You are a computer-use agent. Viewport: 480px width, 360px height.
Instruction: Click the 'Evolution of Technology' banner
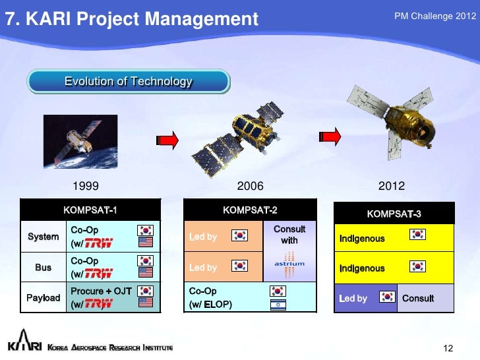[x=129, y=82]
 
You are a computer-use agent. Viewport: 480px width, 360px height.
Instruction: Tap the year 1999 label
[x=86, y=186]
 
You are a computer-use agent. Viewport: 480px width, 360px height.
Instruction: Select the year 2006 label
[x=250, y=186]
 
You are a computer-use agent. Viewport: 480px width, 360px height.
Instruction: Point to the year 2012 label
[x=392, y=186]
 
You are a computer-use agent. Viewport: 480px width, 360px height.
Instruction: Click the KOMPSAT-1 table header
[x=90, y=210]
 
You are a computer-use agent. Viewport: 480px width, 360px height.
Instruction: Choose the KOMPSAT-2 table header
[x=250, y=210]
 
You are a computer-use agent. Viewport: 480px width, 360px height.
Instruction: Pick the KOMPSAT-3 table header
[x=394, y=214]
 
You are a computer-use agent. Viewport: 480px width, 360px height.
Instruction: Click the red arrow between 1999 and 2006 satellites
[x=167, y=140]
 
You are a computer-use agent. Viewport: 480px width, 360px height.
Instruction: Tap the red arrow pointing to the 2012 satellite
[x=330, y=136]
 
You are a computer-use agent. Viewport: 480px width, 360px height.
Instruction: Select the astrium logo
[x=289, y=264]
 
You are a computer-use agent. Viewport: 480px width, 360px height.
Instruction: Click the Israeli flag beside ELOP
[x=278, y=305]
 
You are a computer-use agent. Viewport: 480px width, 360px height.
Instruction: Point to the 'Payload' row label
[x=43, y=297]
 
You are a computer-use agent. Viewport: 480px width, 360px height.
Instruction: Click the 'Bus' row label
[x=43, y=267]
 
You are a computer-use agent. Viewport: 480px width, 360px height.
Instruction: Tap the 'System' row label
[x=43, y=236]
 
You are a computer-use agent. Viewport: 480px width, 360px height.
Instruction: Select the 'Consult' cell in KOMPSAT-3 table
[x=418, y=298]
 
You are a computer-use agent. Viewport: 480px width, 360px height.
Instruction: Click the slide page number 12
[x=448, y=348]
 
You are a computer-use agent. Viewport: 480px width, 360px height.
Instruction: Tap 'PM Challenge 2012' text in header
[x=435, y=16]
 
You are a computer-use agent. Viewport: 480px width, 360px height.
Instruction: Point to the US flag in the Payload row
[x=146, y=303]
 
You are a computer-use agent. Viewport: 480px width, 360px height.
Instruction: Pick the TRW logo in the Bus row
[x=99, y=274]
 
